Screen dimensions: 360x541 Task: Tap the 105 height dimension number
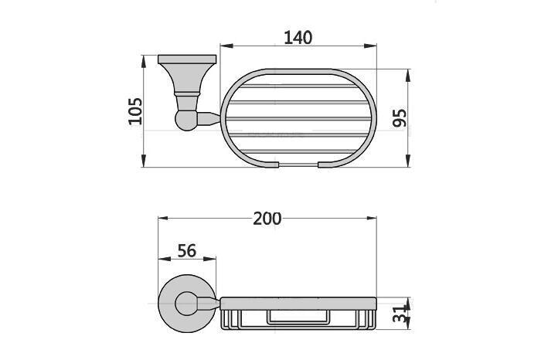[135, 111]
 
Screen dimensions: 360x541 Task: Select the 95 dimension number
[400, 117]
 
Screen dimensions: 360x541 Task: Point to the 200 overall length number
[267, 219]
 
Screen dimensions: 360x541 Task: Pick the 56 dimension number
[186, 251]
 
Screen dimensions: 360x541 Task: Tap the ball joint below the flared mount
[185, 121]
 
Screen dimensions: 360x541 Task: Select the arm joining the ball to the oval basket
[208, 119]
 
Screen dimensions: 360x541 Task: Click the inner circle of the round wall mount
[186, 304]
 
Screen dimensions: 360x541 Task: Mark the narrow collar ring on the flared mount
[185, 95]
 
